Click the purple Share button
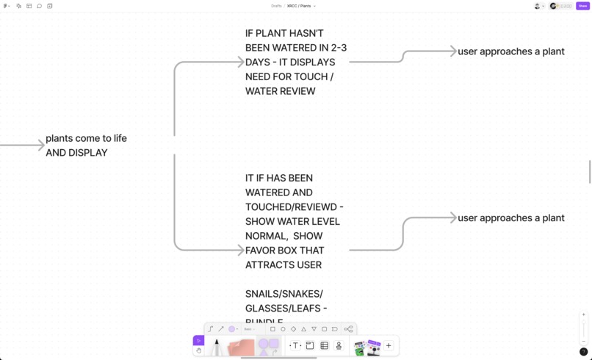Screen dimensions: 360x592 tap(582, 6)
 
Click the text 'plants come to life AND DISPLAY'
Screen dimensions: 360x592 tap(86, 145)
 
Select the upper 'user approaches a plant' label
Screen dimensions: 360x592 tap(511, 51)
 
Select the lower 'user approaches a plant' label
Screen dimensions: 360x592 tap(511, 218)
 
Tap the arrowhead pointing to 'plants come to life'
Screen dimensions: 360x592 tap(41, 145)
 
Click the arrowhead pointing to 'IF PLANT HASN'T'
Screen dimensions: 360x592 tap(240, 62)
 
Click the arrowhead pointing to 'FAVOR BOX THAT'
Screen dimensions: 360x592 tap(240, 251)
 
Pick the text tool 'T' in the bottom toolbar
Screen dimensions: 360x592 tap(295, 345)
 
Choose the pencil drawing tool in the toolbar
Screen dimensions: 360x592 tap(217, 346)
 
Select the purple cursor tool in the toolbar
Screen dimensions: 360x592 tap(198, 340)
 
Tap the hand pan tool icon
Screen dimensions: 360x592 tap(198, 350)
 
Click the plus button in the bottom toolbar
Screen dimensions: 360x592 tap(389, 345)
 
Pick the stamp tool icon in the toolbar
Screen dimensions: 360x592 tap(339, 345)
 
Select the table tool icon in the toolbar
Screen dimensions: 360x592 tap(324, 345)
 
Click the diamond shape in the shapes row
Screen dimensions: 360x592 tap(293, 329)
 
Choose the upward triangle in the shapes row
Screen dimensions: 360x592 tap(303, 329)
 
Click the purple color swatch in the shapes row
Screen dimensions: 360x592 tap(231, 329)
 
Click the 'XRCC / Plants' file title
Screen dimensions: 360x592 tap(299, 6)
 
